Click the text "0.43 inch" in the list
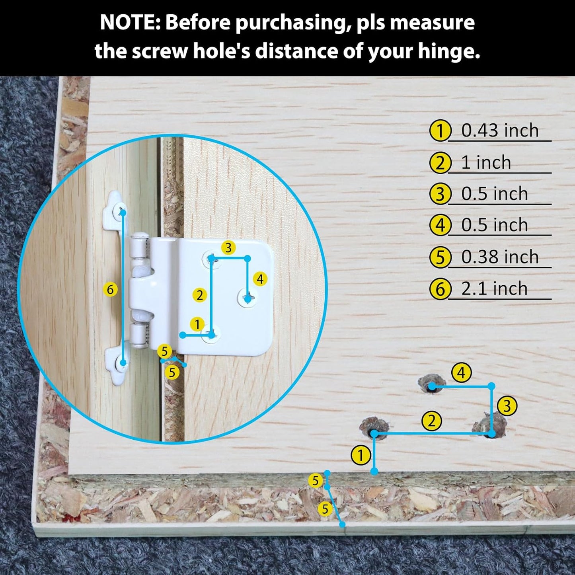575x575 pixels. pyautogui.click(x=500, y=131)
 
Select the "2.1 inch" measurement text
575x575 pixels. pyautogui.click(x=495, y=288)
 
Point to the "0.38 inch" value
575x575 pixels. pyautogui.click(x=500, y=257)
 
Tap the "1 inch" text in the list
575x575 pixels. pyautogui.click(x=486, y=162)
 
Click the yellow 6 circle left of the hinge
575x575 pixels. pyautogui.click(x=110, y=289)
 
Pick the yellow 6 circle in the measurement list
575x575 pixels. pyautogui.click(x=440, y=289)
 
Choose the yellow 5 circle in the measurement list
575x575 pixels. pyautogui.click(x=440, y=257)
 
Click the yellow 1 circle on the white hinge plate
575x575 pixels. pyautogui.click(x=197, y=324)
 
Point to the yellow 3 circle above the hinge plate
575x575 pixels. pyautogui.click(x=228, y=248)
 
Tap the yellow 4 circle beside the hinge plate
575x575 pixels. pyautogui.click(x=260, y=279)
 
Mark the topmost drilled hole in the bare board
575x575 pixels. pyautogui.click(x=431, y=383)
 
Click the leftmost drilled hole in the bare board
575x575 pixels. pyautogui.click(x=374, y=428)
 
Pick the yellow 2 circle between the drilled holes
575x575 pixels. pyautogui.click(x=431, y=421)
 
